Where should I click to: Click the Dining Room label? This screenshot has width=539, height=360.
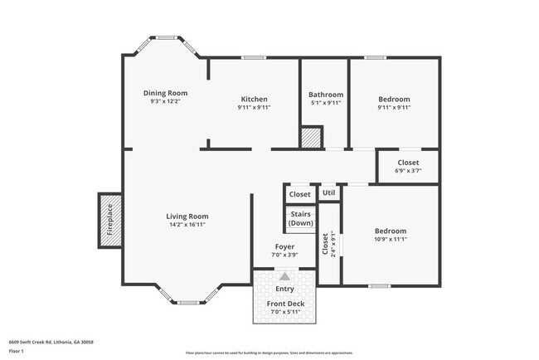[165, 93]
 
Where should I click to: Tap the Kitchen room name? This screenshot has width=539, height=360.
[254, 99]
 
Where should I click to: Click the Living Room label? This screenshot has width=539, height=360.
[187, 216]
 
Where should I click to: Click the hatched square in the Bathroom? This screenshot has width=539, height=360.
[311, 138]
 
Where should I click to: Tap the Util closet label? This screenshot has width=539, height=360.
[328, 193]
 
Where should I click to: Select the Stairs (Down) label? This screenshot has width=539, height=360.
[300, 218]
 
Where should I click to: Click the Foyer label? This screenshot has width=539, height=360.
[284, 246]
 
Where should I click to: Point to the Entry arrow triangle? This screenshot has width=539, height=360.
[284, 277]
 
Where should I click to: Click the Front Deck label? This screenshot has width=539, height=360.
[284, 304]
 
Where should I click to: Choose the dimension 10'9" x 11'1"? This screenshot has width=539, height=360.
[390, 239]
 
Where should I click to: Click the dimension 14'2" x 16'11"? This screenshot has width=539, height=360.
[187, 224]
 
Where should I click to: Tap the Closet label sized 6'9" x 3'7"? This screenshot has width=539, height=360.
[408, 163]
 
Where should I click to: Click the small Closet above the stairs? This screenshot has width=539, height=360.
[299, 194]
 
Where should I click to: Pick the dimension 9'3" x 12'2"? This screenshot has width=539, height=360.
[165, 101]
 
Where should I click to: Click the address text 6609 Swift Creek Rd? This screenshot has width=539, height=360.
[51, 341]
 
